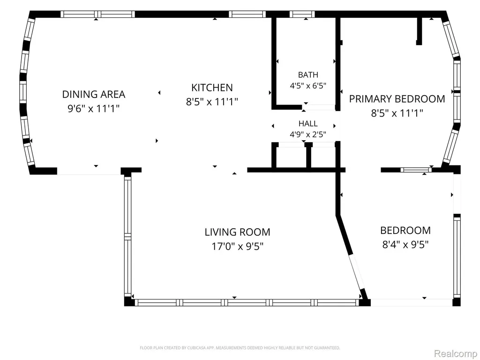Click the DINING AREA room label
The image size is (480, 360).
(x=94, y=94)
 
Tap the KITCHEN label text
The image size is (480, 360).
(x=212, y=88)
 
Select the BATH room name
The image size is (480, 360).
(x=308, y=75)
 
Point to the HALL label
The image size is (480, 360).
(x=308, y=123)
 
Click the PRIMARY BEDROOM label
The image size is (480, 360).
(x=397, y=99)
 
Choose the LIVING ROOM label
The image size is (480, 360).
(x=238, y=232)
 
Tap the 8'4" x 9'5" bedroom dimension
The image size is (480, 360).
(x=405, y=245)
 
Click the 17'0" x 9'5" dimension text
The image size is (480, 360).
(x=238, y=246)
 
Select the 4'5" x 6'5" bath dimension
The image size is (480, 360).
(x=308, y=85)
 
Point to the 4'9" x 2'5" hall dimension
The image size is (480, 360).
(x=308, y=134)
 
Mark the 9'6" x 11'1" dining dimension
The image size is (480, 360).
(x=93, y=108)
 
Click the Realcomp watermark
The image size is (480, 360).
(x=455, y=353)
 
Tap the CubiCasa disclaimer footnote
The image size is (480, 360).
(x=240, y=348)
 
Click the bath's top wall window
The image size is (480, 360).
(x=302, y=14)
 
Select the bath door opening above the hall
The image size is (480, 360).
(x=319, y=107)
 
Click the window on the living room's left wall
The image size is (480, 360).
(x=127, y=236)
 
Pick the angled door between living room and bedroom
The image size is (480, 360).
(x=356, y=271)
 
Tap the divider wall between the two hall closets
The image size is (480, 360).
(x=308, y=156)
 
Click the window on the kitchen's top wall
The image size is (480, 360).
(x=247, y=14)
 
